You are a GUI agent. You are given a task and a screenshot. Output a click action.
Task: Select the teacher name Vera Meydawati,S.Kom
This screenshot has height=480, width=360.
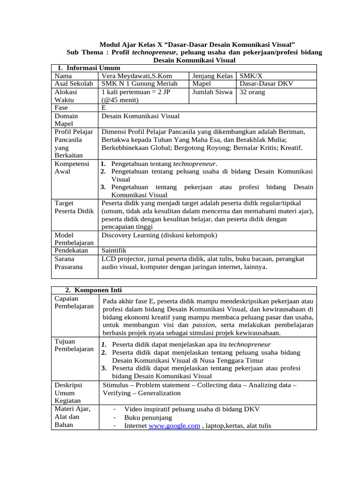tap(134, 75)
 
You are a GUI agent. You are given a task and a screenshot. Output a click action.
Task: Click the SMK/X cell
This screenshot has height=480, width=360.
tap(251, 75)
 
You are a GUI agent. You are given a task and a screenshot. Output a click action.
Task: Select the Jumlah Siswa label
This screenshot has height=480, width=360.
tap(212, 92)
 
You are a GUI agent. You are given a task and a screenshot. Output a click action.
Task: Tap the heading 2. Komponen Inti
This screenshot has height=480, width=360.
tap(93, 290)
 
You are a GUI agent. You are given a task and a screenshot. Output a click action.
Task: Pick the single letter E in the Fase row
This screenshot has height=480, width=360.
tap(104, 107)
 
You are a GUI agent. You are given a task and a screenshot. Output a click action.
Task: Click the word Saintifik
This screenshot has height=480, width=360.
tap(114, 250)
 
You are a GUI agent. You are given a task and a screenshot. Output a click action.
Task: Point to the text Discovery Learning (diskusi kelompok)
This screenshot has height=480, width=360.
tap(159, 235)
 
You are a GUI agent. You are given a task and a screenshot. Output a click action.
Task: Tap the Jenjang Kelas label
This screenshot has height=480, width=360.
tap(213, 75)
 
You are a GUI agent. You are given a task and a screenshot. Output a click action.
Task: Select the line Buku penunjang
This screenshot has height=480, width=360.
tap(148, 417)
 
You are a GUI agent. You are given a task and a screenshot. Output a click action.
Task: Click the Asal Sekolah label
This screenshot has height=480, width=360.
tap(74, 83)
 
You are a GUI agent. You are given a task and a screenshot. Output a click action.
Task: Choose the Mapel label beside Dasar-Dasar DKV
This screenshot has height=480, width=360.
tap(202, 83)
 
